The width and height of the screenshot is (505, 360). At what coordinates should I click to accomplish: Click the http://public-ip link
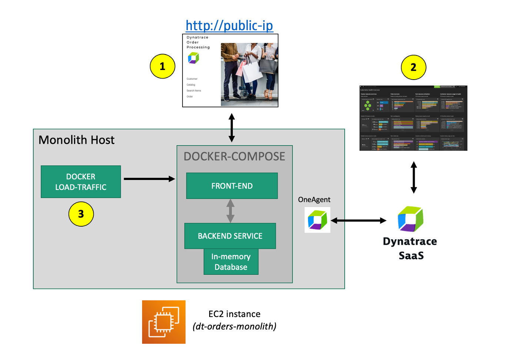(229, 26)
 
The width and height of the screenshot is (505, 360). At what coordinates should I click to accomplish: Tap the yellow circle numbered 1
(163, 66)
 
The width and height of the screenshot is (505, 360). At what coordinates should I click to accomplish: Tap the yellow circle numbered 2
(414, 67)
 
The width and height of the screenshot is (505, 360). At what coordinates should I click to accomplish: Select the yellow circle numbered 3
(81, 214)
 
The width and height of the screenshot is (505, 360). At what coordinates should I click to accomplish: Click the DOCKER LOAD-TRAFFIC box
(81, 182)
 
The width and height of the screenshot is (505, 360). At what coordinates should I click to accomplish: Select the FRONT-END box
(232, 186)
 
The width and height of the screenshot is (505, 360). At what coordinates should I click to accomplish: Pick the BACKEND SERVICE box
(230, 236)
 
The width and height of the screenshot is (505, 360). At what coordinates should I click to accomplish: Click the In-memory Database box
(231, 262)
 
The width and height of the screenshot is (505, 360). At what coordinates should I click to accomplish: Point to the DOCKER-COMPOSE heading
(234, 156)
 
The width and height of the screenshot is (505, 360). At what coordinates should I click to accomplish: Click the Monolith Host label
(77, 140)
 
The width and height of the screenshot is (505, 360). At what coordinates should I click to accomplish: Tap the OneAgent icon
(317, 220)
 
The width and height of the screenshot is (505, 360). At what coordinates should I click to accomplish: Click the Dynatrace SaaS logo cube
(410, 219)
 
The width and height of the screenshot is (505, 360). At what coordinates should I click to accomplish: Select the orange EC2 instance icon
(164, 322)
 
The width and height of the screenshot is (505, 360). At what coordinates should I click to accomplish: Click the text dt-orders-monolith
(234, 326)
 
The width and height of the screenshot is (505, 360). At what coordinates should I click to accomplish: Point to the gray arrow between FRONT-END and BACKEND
(230, 211)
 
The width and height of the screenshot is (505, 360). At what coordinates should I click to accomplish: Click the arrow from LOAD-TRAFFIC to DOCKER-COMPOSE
(149, 179)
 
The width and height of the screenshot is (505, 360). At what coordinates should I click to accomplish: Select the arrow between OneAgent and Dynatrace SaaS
(358, 221)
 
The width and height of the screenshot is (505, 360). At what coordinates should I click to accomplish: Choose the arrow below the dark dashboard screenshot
(414, 177)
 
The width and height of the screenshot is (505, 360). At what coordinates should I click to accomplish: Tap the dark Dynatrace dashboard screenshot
(413, 118)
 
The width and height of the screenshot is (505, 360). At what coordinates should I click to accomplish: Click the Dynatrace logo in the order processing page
(193, 58)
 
